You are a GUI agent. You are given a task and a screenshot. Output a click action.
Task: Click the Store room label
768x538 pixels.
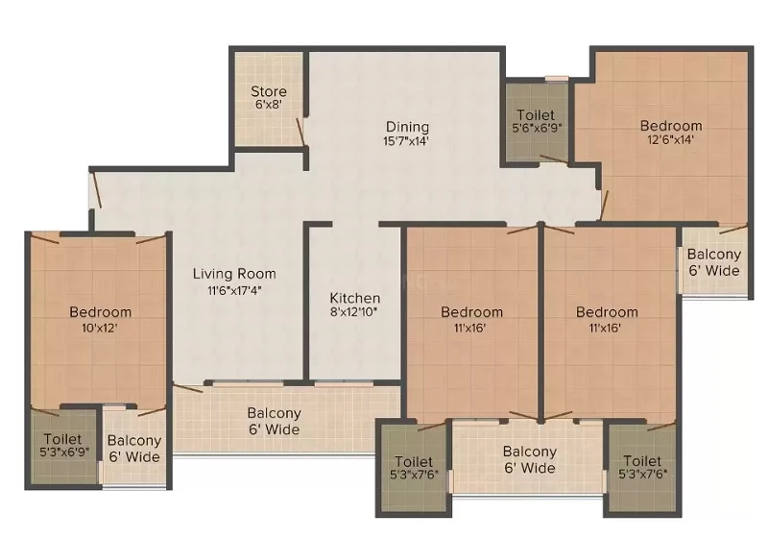[x=269, y=91]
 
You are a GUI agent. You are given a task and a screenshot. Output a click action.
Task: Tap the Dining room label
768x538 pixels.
[x=407, y=127]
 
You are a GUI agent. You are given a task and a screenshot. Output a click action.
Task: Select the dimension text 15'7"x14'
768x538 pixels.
[x=406, y=141]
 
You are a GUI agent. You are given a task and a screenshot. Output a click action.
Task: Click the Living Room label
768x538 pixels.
[x=234, y=274]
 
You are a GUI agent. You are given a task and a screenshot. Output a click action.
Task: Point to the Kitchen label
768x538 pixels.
[x=354, y=298]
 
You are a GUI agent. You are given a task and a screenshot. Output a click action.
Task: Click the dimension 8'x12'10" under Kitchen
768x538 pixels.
[x=353, y=312]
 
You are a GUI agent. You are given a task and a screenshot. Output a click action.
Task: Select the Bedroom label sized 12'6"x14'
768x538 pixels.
[x=671, y=126]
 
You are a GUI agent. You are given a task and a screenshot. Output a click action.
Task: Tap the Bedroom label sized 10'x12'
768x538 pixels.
[x=101, y=312]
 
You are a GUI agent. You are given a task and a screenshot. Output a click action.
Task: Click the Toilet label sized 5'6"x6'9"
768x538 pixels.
[x=536, y=115]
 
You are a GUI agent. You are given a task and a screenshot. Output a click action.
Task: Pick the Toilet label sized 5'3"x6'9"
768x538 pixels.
[x=62, y=439]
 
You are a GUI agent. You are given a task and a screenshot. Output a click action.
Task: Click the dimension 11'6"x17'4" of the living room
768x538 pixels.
[x=234, y=290]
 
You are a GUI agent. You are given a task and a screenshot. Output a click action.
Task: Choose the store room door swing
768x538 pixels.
[x=300, y=132]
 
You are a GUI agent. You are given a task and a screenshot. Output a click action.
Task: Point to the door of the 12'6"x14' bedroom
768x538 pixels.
[x=604, y=206]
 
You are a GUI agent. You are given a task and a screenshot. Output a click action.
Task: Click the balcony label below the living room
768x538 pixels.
[x=274, y=422]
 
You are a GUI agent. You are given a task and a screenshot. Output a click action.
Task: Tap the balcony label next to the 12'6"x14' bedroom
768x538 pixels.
[x=714, y=262]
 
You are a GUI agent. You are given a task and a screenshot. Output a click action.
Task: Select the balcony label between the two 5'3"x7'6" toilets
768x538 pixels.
[x=530, y=459]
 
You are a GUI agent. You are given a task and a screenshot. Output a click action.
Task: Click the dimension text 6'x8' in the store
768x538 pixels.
[x=269, y=105]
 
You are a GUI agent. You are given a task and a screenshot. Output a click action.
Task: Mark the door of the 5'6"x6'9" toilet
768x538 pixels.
[x=554, y=159]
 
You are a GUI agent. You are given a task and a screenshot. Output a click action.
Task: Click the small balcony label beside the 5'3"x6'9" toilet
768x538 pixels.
[x=134, y=449]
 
